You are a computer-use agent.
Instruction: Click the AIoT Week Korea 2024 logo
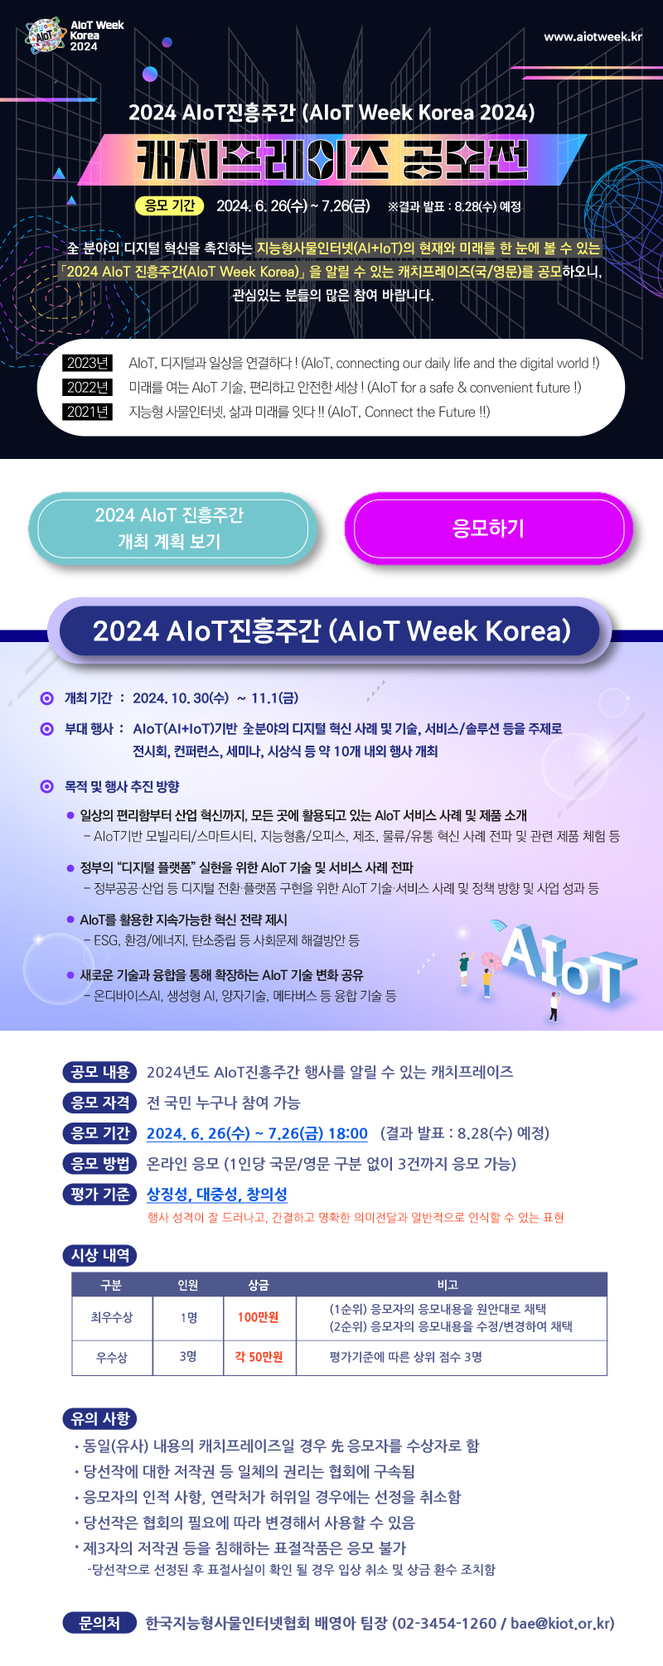tap(75, 36)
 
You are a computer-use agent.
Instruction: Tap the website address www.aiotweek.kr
tap(593, 36)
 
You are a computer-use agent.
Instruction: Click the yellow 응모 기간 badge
tap(170, 205)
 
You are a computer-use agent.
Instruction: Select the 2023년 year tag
tap(88, 363)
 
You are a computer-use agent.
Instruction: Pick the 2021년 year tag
tap(88, 412)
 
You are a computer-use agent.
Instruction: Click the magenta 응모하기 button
tap(489, 529)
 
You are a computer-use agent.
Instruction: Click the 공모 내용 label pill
tap(100, 1072)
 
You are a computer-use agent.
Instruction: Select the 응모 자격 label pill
tap(100, 1103)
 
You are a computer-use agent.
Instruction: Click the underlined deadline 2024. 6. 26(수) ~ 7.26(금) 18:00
tap(257, 1133)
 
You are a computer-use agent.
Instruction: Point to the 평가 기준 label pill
tap(100, 1194)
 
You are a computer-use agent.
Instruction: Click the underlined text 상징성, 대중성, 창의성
tap(217, 1194)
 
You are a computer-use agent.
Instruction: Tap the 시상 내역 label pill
tap(100, 1255)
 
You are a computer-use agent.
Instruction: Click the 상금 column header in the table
tap(259, 1285)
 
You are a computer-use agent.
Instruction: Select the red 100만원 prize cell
tap(259, 1317)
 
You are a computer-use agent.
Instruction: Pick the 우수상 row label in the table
tap(112, 1357)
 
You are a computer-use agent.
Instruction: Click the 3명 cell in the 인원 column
tap(188, 1357)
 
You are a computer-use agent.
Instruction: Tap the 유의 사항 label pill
tap(100, 1418)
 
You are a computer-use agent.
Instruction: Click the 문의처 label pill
tap(99, 1623)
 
